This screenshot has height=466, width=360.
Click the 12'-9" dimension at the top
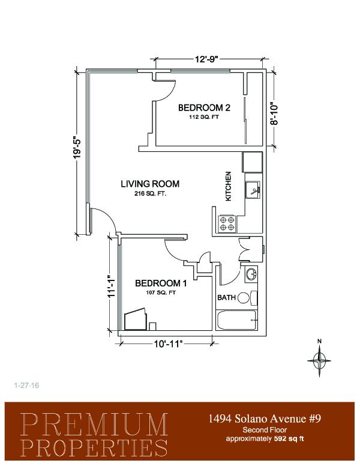[206, 59]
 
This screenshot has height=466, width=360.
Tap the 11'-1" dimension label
[111, 286]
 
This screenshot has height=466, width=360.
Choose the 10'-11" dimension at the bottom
[167, 344]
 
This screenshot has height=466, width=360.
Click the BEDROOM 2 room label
[204, 107]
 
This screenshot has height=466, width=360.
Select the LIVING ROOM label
[150, 184]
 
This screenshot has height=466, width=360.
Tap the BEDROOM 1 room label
[161, 283]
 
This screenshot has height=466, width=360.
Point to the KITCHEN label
[228, 186]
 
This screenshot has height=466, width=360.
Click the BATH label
[226, 297]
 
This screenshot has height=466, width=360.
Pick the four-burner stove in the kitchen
[227, 223]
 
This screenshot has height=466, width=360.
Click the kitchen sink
[253, 190]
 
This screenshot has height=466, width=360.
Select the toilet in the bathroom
[247, 298]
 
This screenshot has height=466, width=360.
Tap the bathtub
[237, 320]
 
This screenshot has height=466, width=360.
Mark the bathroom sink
[251, 274]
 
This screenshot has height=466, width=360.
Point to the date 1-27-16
[27, 386]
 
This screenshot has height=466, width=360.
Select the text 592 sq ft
[289, 438]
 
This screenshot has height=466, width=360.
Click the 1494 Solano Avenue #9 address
[265, 419]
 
